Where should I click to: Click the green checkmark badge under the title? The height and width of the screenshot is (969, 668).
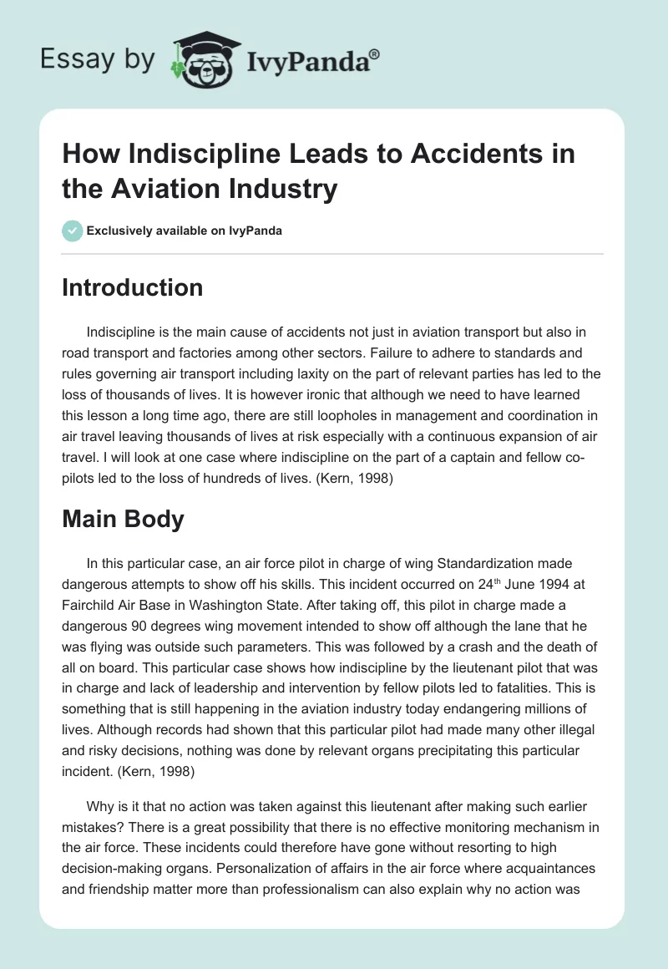(73, 231)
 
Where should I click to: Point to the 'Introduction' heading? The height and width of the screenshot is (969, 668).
(133, 288)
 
